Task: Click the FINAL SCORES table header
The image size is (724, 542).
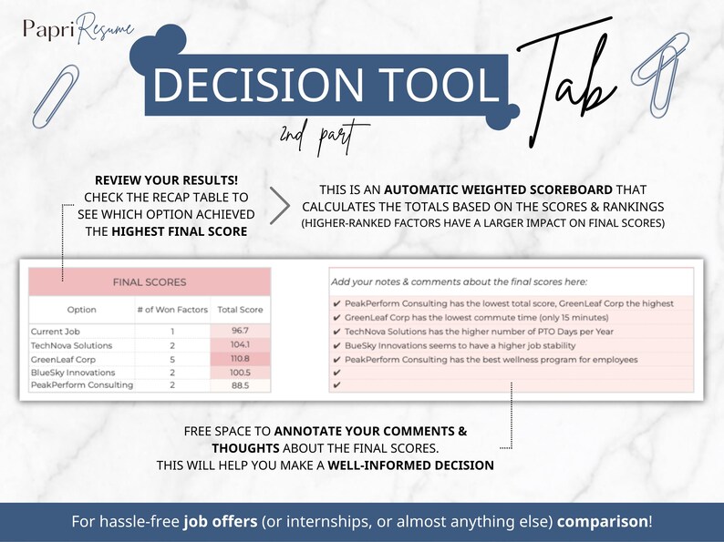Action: click(149, 282)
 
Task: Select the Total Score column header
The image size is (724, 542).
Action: click(240, 310)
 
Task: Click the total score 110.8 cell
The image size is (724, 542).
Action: click(240, 358)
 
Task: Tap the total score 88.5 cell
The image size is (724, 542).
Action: click(240, 384)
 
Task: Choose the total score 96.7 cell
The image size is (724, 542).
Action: click(240, 332)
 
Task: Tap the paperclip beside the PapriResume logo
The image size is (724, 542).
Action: click(51, 87)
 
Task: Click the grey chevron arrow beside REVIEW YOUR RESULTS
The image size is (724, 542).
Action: click(280, 205)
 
